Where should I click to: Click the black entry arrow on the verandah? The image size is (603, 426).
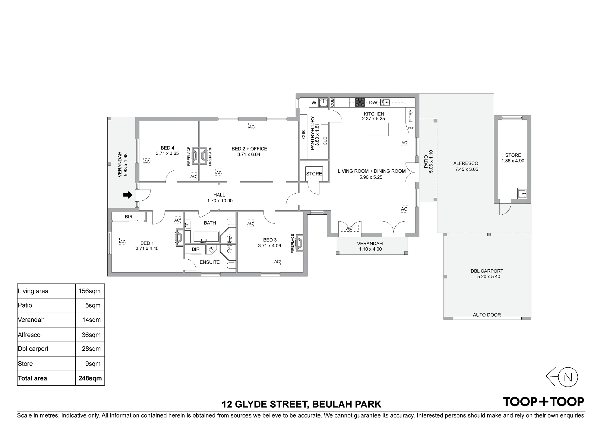[x=128, y=195]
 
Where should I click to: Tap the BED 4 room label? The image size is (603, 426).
[x=167, y=148]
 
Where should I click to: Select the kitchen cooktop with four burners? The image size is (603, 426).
[x=360, y=102]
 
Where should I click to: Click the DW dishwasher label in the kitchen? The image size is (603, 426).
[x=373, y=103]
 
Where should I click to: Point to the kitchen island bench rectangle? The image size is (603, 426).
[x=375, y=130]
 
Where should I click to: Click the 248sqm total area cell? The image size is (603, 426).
[x=90, y=378]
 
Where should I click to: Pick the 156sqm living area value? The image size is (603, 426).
[x=89, y=291]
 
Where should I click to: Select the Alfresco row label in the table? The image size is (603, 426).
[x=29, y=335]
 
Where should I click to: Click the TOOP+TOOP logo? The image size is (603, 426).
[x=543, y=402]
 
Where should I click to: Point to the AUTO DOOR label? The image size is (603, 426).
[x=487, y=315]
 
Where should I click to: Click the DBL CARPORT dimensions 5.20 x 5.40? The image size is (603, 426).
[x=488, y=276]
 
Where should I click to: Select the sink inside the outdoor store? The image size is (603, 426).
[x=522, y=193]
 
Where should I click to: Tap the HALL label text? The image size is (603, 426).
[x=219, y=195]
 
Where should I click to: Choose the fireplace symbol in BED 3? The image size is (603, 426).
[x=299, y=243]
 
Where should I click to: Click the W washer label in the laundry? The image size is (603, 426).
[x=314, y=103]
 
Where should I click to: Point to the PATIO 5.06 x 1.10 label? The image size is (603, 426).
[x=428, y=161]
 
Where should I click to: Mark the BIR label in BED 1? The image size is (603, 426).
[x=129, y=217]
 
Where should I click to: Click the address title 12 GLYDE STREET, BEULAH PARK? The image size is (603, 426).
[x=301, y=404]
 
